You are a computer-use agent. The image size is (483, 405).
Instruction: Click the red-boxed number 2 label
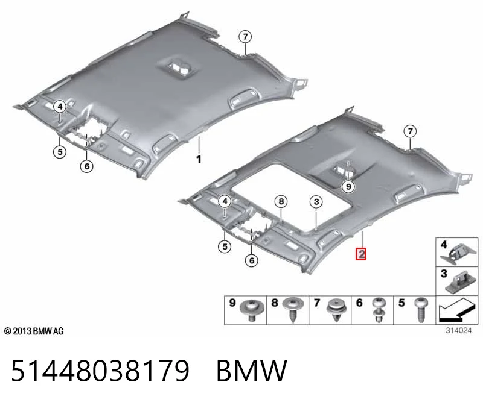(x=360, y=254)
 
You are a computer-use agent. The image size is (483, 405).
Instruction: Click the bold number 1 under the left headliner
(x=199, y=159)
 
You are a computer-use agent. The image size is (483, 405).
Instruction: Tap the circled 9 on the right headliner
(x=348, y=187)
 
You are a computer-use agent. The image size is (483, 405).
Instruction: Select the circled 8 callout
(x=281, y=202)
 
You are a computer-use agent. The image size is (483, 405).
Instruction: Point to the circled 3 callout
(x=316, y=202)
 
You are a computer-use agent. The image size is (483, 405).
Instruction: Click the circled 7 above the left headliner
(x=245, y=37)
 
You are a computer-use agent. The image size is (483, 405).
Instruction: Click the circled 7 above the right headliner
(x=410, y=131)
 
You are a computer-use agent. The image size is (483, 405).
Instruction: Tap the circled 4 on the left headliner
(x=60, y=107)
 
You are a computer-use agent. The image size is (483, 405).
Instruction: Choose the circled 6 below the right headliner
(x=252, y=261)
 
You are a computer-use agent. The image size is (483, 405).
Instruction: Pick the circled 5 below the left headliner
(x=60, y=152)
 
